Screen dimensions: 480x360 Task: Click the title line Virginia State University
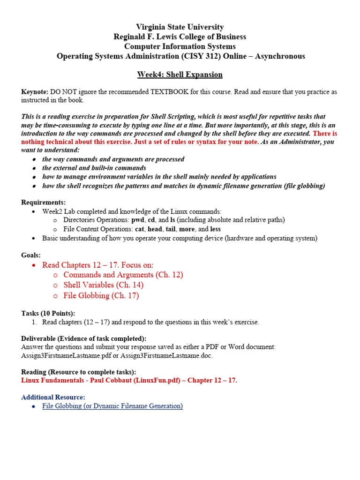coord(180,27)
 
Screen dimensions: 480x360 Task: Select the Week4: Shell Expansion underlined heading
coord(180,75)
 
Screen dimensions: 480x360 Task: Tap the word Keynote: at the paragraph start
coord(35,92)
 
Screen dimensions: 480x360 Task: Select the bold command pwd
coord(139,220)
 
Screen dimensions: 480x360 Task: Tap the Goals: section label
coord(31,255)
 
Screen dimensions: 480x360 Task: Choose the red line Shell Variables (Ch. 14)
coord(103,285)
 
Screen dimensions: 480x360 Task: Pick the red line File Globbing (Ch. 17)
coord(101,296)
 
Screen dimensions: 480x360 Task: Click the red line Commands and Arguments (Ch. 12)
coord(123,275)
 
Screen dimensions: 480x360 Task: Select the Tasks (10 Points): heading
coord(48,313)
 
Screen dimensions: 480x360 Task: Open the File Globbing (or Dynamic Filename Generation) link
coord(112,406)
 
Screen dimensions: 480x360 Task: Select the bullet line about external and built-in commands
coord(94,168)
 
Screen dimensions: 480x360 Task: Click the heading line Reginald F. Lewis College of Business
coord(180,37)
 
